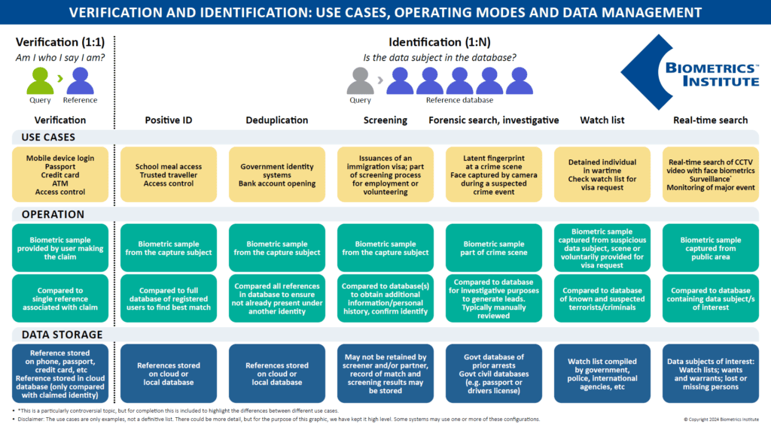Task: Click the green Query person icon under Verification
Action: point(39,80)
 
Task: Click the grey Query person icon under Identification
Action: point(361,80)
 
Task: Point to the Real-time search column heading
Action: point(710,120)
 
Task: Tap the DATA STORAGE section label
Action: point(58,335)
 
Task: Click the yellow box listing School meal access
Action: point(169,175)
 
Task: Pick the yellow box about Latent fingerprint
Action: point(493,175)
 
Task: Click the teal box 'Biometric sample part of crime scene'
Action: point(493,247)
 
